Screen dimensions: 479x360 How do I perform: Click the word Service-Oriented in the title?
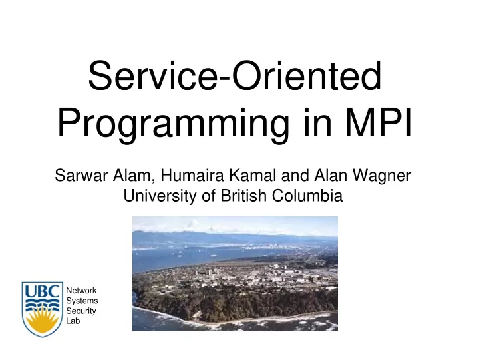tap(235, 75)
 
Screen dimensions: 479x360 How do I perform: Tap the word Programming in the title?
tap(173, 124)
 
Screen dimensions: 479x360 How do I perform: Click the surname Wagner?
tap(382, 176)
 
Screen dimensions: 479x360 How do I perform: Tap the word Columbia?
tap(307, 196)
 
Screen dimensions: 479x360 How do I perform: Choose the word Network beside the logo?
tap(81, 291)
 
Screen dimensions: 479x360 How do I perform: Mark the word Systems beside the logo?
tap(82, 301)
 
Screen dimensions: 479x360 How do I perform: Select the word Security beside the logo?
tap(81, 311)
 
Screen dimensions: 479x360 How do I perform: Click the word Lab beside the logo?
tap(73, 321)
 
